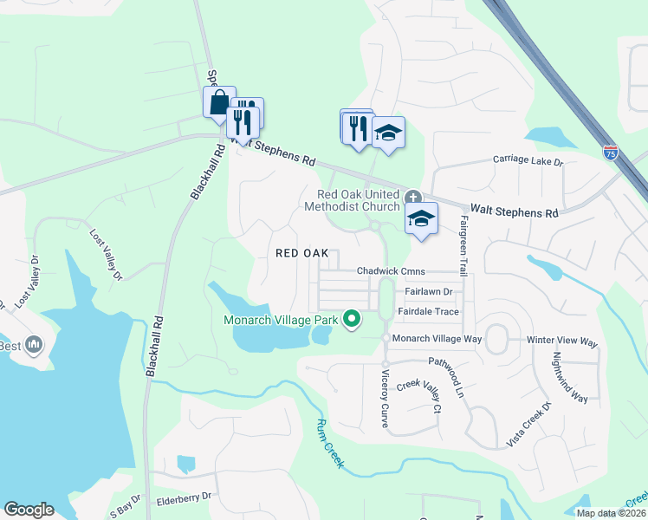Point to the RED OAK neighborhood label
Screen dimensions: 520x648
click(x=301, y=253)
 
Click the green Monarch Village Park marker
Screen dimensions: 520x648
click(x=352, y=320)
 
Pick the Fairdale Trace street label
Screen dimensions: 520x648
click(x=428, y=311)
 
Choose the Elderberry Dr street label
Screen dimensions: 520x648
click(x=184, y=498)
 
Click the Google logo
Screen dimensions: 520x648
click(x=29, y=510)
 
